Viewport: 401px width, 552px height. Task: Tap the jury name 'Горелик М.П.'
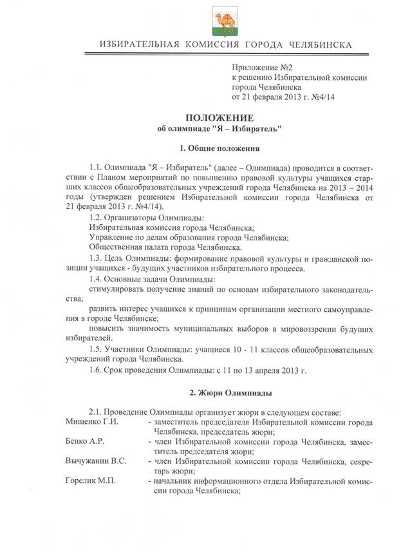click(x=90, y=482)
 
